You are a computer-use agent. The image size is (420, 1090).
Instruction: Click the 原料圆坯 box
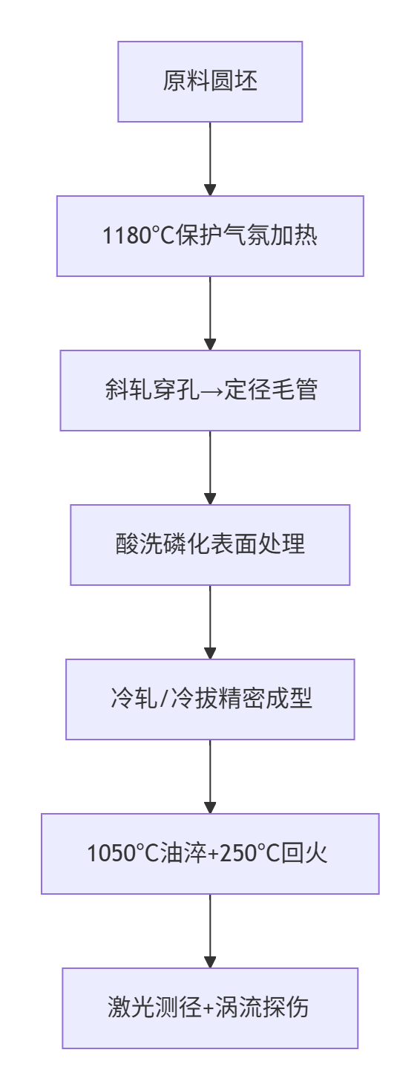pos(210,81)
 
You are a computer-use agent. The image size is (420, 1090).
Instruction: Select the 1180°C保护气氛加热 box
pos(210,236)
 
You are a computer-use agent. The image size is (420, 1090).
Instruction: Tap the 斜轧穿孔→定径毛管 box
pos(210,391)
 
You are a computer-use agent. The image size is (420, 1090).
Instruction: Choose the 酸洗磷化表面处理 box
pos(210,545)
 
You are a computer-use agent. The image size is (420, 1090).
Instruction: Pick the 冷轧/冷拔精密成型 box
pos(210,699)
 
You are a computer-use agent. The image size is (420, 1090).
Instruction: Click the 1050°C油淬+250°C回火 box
pos(210,853)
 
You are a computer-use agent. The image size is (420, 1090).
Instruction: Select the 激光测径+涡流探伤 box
pos(210,1008)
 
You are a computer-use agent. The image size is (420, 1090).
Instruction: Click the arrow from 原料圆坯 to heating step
pos(210,159)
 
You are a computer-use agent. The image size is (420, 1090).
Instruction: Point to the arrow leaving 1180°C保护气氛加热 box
pos(210,313)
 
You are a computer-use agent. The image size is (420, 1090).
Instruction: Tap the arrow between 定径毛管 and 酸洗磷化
pos(210,468)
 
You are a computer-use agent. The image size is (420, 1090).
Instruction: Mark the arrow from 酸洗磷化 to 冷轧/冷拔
pos(210,622)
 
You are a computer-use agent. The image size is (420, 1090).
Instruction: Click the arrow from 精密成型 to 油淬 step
pos(210,777)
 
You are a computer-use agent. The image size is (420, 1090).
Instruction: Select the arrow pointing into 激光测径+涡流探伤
pos(210,931)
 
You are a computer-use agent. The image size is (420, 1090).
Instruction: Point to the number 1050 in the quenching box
pos(105,853)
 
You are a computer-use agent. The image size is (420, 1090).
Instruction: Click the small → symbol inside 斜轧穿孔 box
pos(212,391)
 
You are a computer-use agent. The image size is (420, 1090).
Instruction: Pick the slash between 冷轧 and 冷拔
pos(164,699)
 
